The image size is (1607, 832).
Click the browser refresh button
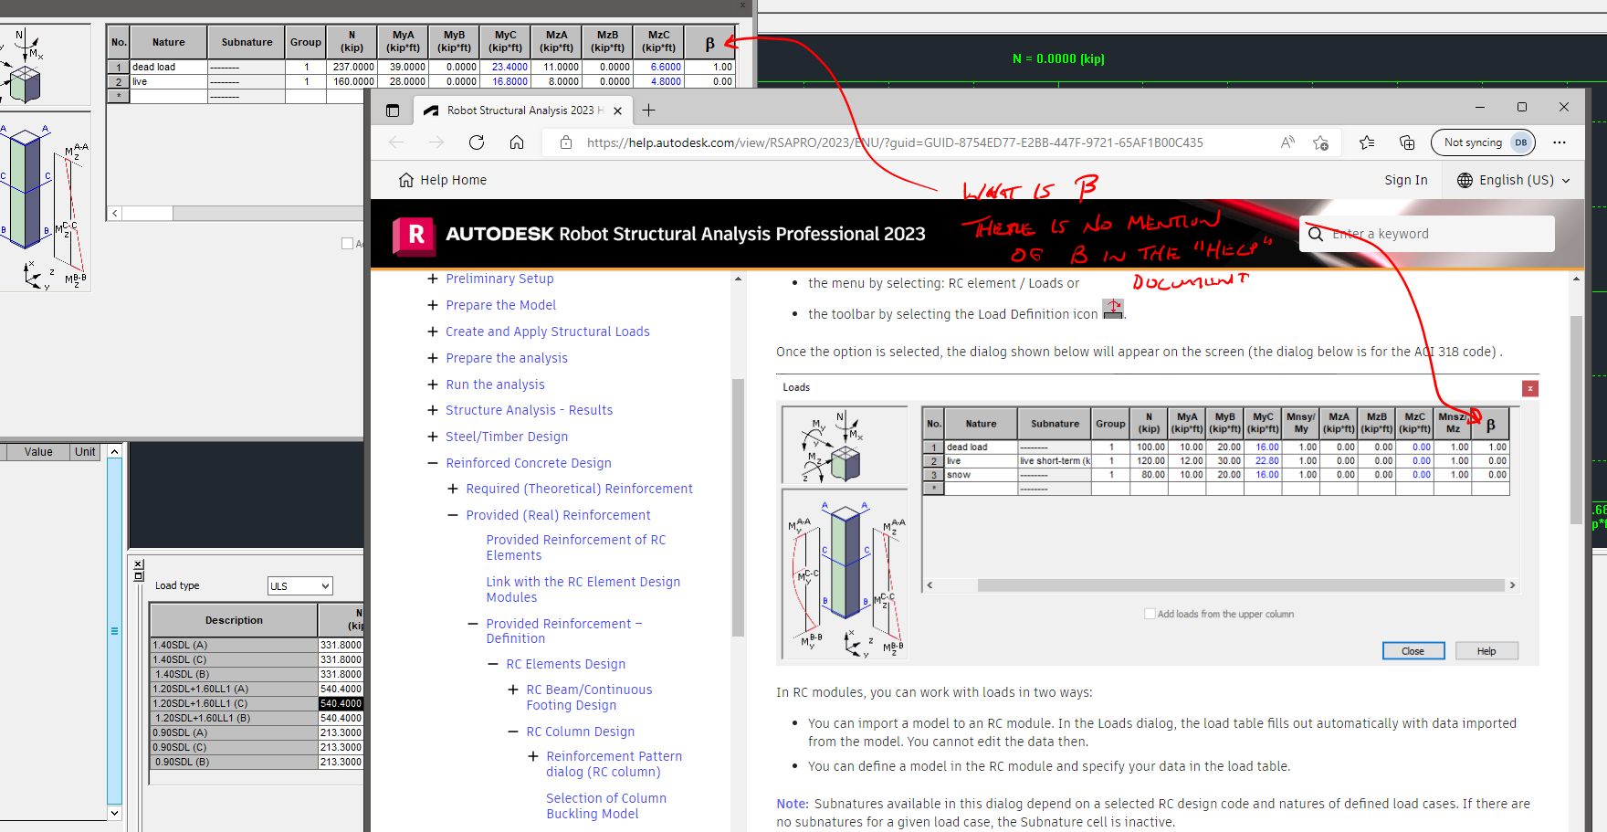476,142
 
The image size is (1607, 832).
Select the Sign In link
1405,180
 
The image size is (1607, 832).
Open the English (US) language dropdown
1513,180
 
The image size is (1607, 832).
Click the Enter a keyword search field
1434,234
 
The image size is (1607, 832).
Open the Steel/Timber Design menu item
507,437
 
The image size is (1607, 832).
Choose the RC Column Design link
580,732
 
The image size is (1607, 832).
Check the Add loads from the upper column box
1150,614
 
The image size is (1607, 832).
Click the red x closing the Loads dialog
1530,388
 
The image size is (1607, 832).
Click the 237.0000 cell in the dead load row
352,67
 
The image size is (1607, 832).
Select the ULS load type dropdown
299,586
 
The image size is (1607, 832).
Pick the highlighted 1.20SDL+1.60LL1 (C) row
234,703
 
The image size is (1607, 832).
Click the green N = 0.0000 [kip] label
1058,58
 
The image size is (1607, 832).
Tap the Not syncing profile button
1482,142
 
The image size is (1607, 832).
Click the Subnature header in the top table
247,42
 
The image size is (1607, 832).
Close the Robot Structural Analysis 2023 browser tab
618,111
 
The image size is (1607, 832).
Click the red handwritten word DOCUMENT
1188,281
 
